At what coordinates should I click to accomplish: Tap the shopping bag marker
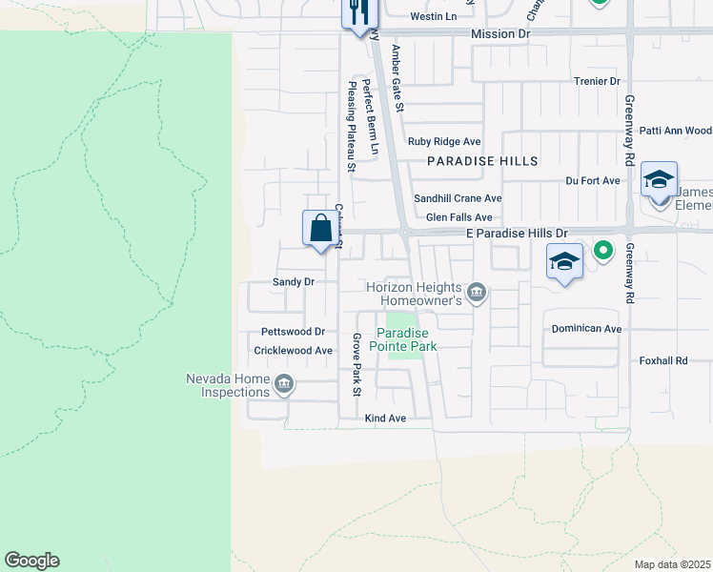click(321, 229)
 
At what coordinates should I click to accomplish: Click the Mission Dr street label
click(499, 33)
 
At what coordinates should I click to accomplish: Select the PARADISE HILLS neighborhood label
click(482, 161)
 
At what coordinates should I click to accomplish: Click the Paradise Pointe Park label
click(406, 339)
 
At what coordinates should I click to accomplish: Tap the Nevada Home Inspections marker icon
click(283, 385)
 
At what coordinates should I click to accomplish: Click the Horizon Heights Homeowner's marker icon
click(477, 292)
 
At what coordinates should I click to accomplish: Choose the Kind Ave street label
click(385, 419)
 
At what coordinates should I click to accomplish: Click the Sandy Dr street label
click(293, 282)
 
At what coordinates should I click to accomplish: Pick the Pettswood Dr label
click(294, 332)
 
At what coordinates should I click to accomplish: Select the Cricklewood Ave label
click(293, 351)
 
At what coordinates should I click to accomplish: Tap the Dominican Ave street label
click(586, 329)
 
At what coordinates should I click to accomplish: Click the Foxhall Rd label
click(662, 361)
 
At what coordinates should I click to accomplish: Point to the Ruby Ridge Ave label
click(444, 141)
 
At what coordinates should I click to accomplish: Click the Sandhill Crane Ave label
click(457, 198)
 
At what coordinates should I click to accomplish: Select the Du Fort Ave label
click(593, 180)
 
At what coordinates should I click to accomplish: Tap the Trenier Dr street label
click(597, 82)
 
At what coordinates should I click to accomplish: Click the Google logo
click(31, 561)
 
